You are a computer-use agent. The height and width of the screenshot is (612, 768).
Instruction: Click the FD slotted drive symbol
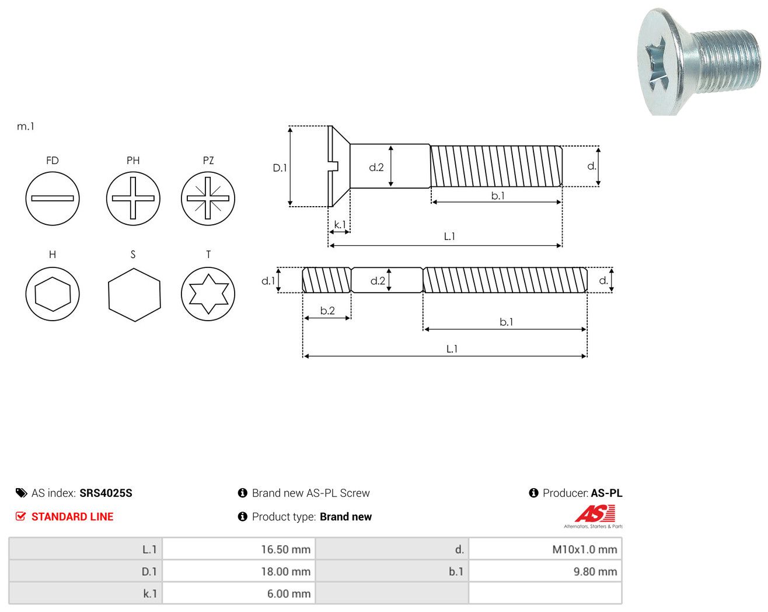pos(53,199)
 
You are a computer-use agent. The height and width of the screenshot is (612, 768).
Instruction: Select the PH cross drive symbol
pos(133,199)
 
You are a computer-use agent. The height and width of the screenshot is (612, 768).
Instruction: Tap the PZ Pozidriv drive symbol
pos(208,199)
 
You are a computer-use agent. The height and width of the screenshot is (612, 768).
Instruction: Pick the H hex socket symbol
pos(53,294)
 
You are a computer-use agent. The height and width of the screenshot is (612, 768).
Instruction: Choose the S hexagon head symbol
pos(135,295)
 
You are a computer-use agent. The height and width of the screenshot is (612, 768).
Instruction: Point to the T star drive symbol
pos(208,294)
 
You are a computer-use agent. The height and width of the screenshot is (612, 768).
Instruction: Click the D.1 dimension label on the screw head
pos(280,168)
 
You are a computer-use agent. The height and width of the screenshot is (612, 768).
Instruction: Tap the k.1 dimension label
pos(340,225)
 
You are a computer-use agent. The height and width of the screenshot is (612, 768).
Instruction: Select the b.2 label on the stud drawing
pos(327,311)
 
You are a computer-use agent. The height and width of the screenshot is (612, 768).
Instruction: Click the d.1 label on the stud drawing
pos(268,281)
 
